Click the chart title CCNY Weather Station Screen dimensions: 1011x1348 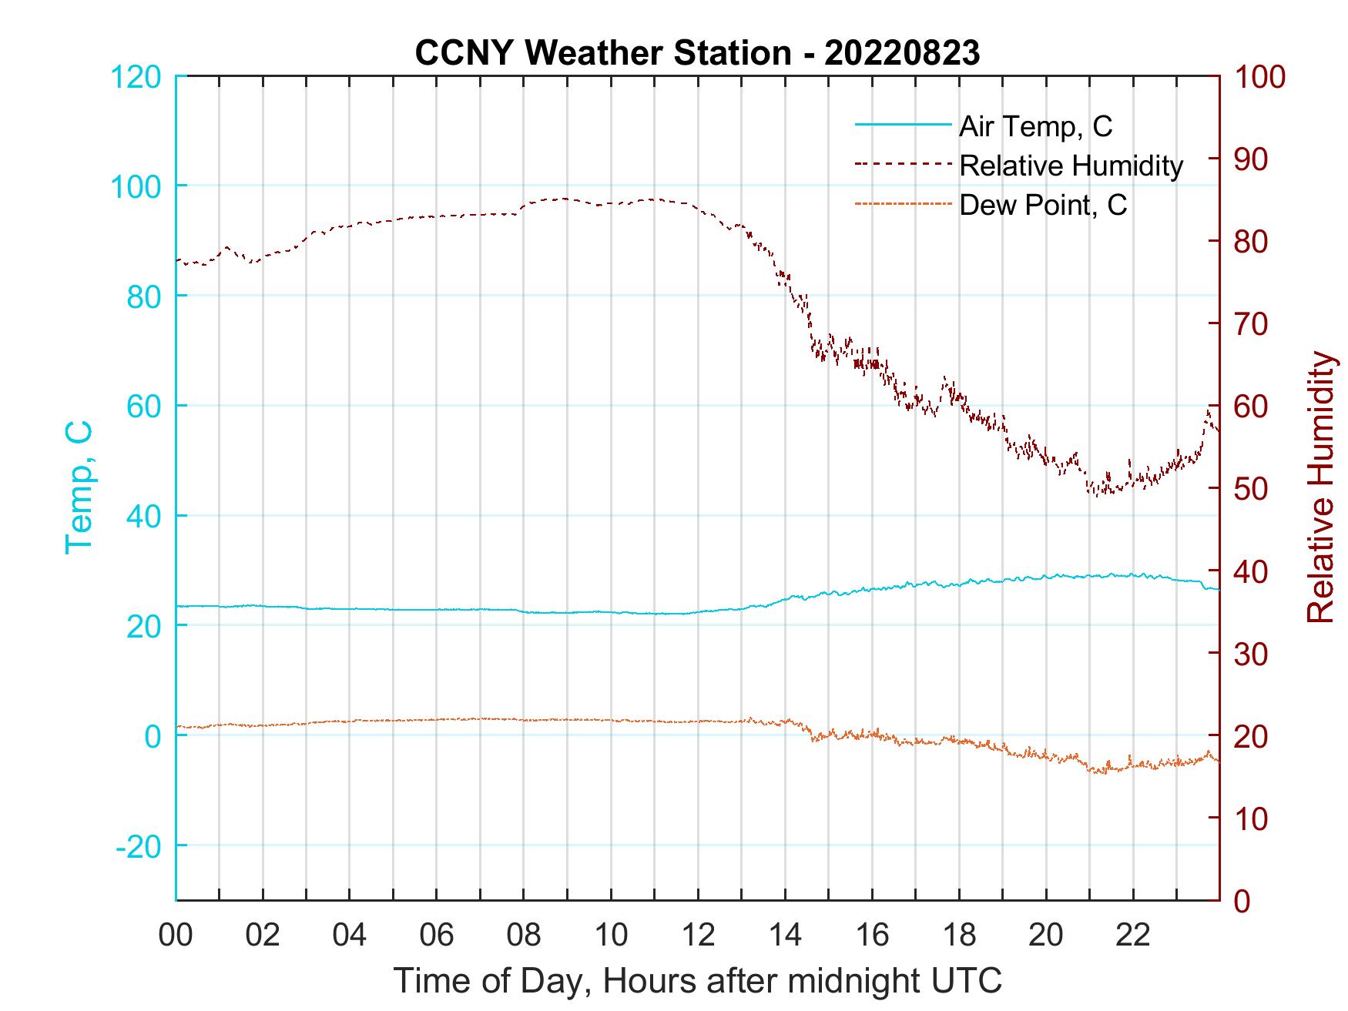pos(697,53)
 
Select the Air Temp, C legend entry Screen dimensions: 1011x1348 pos(1035,126)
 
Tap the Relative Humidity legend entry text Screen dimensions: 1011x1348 pos(1071,166)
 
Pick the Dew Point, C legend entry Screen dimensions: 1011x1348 pos(1043,205)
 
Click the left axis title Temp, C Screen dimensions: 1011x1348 pos(79,487)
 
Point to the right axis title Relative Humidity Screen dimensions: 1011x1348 pos(1320,487)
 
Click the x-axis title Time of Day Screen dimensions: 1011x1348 pos(697,981)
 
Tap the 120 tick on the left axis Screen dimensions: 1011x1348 pos(136,77)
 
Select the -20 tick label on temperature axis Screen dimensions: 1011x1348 pos(139,845)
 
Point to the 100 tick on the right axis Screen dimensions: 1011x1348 pos(1260,77)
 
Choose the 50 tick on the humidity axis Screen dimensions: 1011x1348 pos(1252,489)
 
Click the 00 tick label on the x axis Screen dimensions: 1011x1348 pos(176,936)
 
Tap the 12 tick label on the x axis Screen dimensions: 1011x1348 pos(698,936)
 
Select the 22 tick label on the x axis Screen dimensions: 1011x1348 pos(1133,936)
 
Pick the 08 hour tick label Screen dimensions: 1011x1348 pos(524,936)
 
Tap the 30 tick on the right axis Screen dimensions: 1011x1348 pos(1252,654)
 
